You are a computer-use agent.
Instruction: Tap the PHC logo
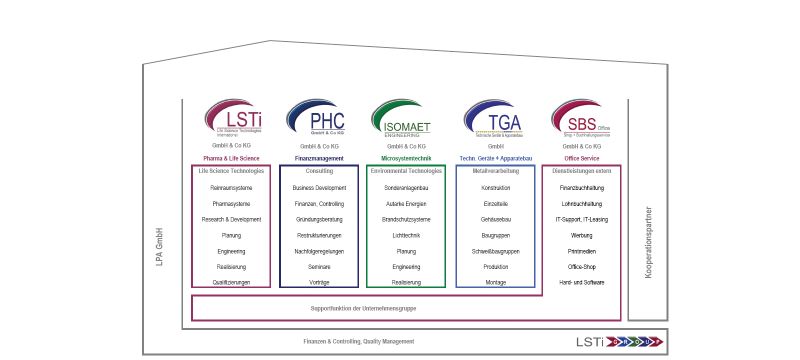point(313,116)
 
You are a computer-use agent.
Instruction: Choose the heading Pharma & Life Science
point(230,159)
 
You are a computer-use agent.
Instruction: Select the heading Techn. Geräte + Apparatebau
point(495,159)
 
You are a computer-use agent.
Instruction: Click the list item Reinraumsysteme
point(230,188)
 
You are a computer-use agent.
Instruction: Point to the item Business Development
point(319,188)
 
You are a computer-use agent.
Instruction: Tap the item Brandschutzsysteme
point(406,219)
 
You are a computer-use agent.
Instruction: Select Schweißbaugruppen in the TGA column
point(495,251)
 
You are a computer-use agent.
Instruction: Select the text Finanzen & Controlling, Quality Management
point(359,342)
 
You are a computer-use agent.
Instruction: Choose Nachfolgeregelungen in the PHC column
point(319,251)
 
